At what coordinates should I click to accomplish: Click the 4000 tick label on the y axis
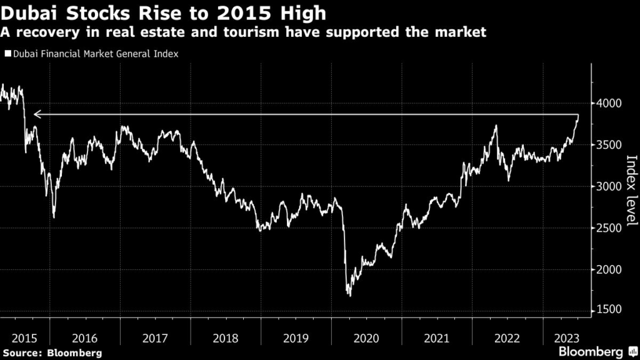tap(607, 103)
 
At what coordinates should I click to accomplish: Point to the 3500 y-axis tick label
tap(607, 145)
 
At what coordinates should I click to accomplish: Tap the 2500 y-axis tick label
tap(607, 228)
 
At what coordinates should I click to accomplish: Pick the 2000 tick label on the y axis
tap(607, 270)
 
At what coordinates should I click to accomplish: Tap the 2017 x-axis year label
tap(155, 338)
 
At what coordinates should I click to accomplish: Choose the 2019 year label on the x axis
tap(296, 338)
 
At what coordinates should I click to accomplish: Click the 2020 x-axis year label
tap(366, 338)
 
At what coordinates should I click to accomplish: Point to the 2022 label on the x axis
tap(507, 338)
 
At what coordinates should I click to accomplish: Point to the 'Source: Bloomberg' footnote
tap(51, 353)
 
